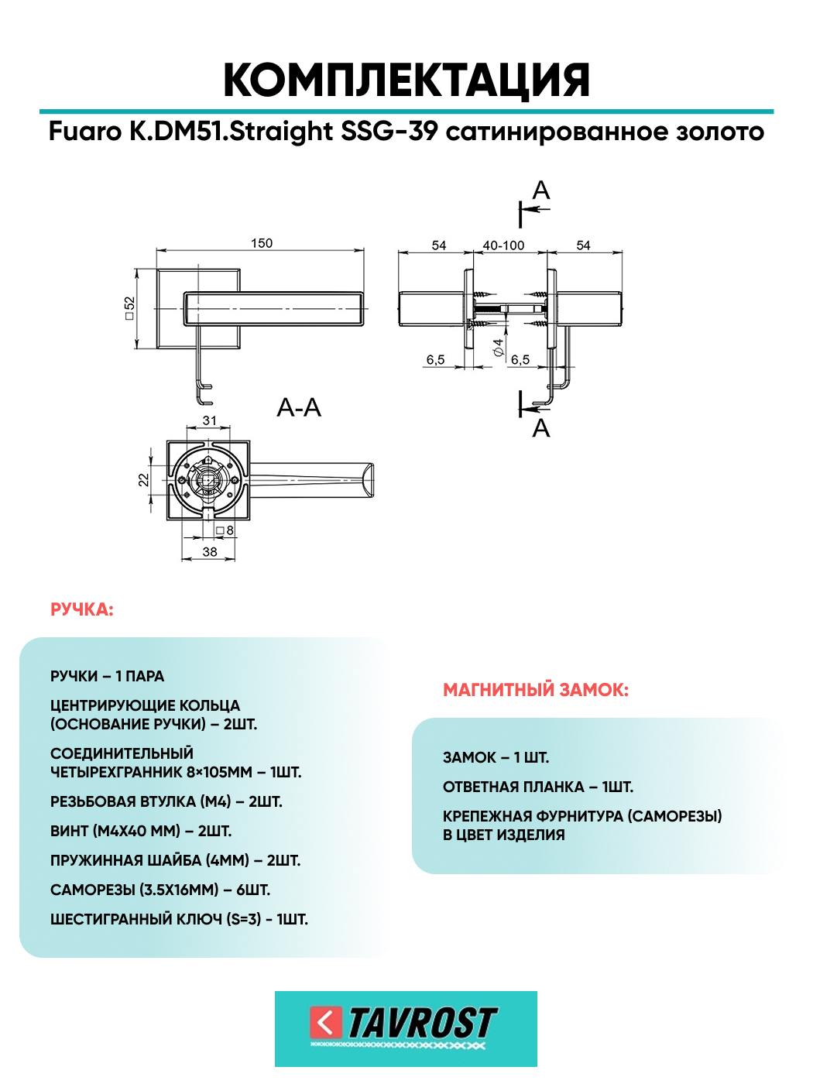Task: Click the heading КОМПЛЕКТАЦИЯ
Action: click(406, 80)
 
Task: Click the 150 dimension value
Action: click(261, 243)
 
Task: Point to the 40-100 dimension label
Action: click(503, 245)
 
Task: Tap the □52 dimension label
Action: click(129, 308)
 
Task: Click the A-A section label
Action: click(299, 408)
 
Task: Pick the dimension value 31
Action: click(209, 420)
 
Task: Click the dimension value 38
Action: click(209, 551)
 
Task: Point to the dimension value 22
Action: click(143, 479)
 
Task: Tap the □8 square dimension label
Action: click(225, 530)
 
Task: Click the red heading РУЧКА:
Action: click(82, 610)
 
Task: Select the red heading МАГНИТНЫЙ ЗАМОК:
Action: click(536, 690)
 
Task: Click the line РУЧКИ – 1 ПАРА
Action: click(107, 676)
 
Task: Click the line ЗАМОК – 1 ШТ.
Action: click(496, 757)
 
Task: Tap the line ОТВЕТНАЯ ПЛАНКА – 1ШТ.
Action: click(538, 787)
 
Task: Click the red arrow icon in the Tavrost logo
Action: click(326, 1024)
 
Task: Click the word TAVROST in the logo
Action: click(423, 1023)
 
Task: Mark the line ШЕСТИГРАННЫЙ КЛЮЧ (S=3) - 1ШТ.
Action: click(179, 920)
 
